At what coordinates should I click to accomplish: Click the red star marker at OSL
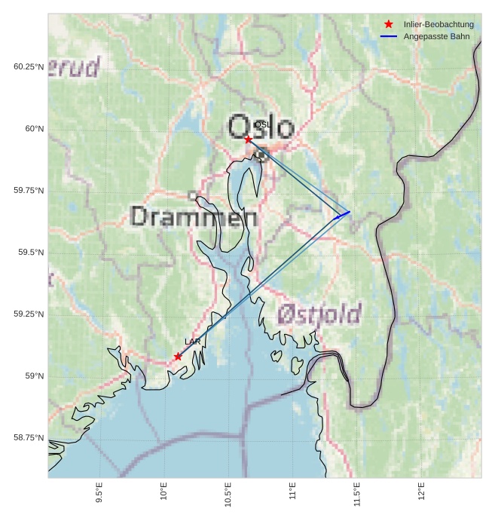[248, 139]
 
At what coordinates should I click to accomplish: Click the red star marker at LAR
[178, 357]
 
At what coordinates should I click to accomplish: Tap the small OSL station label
[262, 125]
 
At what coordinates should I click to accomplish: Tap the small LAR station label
[193, 342]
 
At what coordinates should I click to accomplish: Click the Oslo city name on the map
[261, 127]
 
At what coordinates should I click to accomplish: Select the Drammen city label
[194, 217]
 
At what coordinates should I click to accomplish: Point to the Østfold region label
[319, 314]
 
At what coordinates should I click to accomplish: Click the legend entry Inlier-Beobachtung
[438, 25]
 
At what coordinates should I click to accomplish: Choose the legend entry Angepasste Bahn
[436, 36]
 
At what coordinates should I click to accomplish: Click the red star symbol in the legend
[389, 25]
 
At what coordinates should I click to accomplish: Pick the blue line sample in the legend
[389, 36]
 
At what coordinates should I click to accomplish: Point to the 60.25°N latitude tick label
[29, 66]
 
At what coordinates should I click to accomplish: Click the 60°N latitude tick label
[35, 128]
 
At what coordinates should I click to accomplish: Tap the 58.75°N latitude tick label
[29, 437]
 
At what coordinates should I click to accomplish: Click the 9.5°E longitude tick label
[99, 492]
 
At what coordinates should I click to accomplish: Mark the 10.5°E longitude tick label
[228, 492]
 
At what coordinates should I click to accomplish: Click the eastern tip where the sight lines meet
[350, 212]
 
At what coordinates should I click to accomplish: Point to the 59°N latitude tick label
[35, 375]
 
